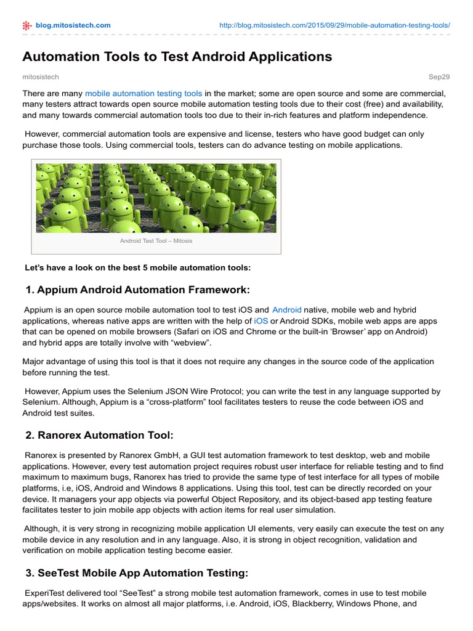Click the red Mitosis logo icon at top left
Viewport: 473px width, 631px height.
pos(26,25)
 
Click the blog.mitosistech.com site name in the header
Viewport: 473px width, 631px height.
pos(73,25)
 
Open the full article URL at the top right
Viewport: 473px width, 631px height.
pos(335,25)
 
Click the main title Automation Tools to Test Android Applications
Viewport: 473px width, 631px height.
pos(177,57)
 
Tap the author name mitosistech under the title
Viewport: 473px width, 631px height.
pos(41,77)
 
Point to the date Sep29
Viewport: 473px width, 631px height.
pos(439,77)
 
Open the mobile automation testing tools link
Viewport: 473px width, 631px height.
pos(143,94)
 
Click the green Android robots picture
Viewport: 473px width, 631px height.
pos(156,198)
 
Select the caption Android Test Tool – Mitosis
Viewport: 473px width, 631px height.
pos(156,241)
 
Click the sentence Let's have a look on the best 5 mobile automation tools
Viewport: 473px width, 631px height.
pos(137,267)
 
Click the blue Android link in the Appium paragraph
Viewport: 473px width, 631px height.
pos(287,310)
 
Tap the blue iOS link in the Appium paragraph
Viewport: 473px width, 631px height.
pos(261,321)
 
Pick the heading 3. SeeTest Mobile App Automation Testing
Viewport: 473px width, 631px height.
pos(137,573)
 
